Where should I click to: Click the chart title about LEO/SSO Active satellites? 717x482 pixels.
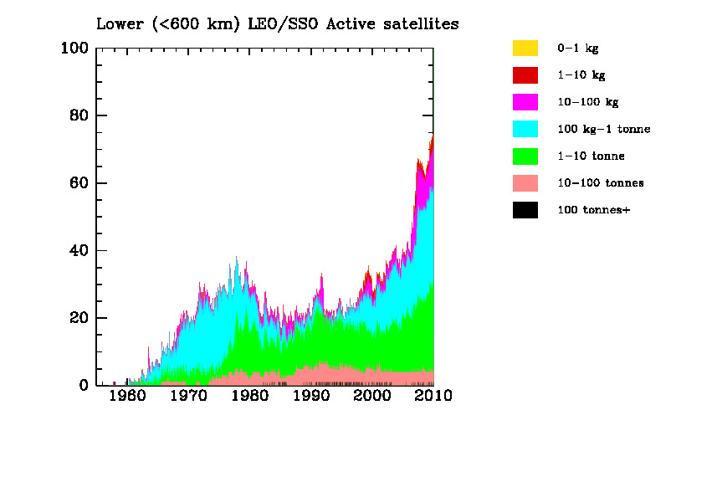click(277, 23)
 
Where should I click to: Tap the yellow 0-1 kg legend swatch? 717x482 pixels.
click(525, 49)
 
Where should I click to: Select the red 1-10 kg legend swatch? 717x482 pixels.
click(525, 75)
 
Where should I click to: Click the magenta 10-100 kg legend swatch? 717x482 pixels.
click(525, 102)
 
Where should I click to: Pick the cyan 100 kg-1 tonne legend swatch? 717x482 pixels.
click(525, 129)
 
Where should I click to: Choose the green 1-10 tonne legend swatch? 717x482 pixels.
click(525, 156)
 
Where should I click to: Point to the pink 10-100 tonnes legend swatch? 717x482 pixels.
click(525, 182)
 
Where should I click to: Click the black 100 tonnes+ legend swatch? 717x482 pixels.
click(525, 210)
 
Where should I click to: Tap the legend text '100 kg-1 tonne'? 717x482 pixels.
click(603, 129)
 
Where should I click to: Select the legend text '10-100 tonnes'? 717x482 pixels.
click(600, 182)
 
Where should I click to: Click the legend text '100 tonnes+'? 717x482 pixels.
click(593, 210)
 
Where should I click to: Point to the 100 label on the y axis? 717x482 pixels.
click(74, 49)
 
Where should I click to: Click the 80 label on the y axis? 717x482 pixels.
click(79, 115)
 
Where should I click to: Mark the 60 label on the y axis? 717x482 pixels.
click(79, 183)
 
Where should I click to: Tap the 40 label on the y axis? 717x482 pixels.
click(79, 251)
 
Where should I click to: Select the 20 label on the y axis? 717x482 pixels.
click(79, 318)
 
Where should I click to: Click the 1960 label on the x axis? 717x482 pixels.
click(127, 396)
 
